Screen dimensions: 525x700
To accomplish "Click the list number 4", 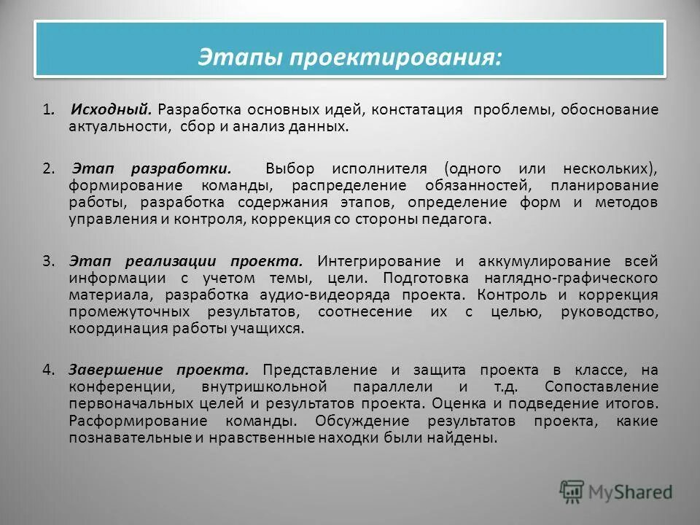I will tap(47, 370).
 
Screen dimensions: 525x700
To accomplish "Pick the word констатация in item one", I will tap(417, 110).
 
